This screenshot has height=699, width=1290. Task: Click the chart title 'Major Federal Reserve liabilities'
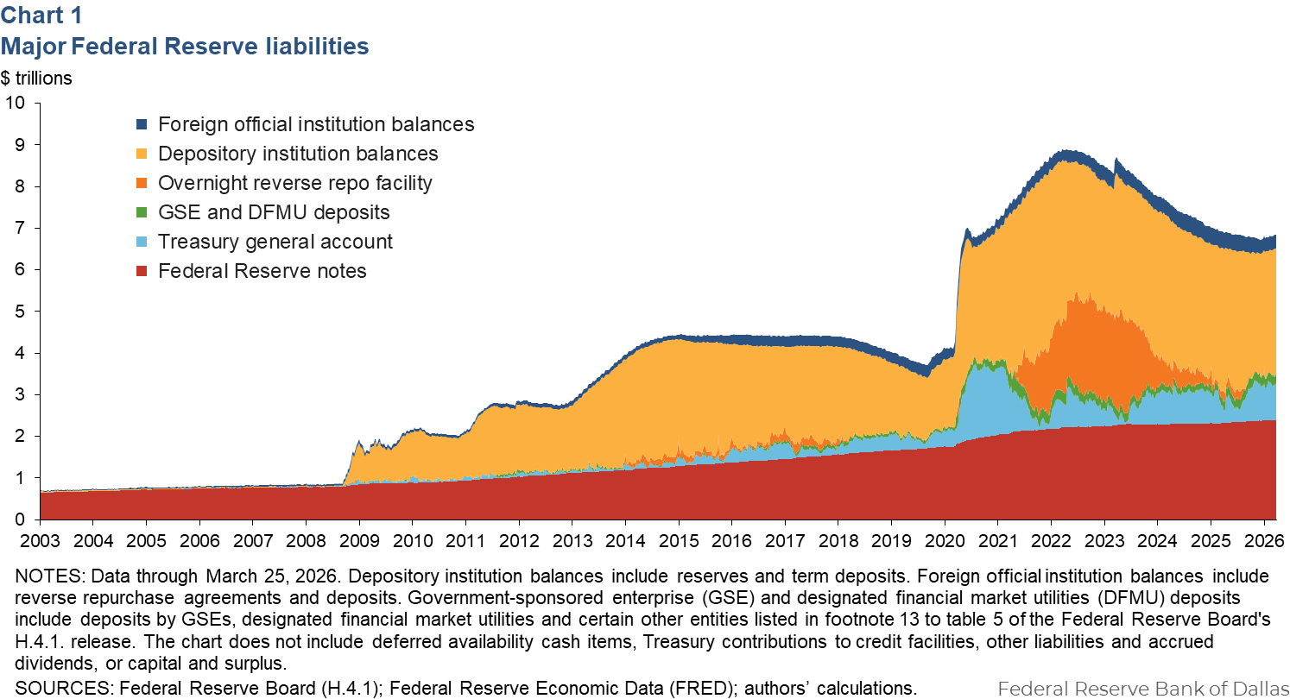click(185, 46)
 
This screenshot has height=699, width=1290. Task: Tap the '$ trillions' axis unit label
click(36, 78)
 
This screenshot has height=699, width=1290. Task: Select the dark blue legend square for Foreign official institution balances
click(142, 124)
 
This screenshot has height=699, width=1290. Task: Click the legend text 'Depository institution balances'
click(298, 154)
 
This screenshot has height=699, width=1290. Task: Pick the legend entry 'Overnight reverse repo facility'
click(294, 183)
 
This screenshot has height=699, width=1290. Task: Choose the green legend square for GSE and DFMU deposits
click(142, 212)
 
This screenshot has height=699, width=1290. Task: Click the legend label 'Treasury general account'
click(275, 242)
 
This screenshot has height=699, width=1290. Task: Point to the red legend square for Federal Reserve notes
click(142, 271)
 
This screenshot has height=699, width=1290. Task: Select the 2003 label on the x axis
click(40, 539)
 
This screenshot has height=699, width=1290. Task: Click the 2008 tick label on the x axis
click(306, 539)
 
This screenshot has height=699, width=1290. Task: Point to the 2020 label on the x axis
click(944, 539)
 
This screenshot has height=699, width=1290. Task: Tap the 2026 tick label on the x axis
click(1262, 539)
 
